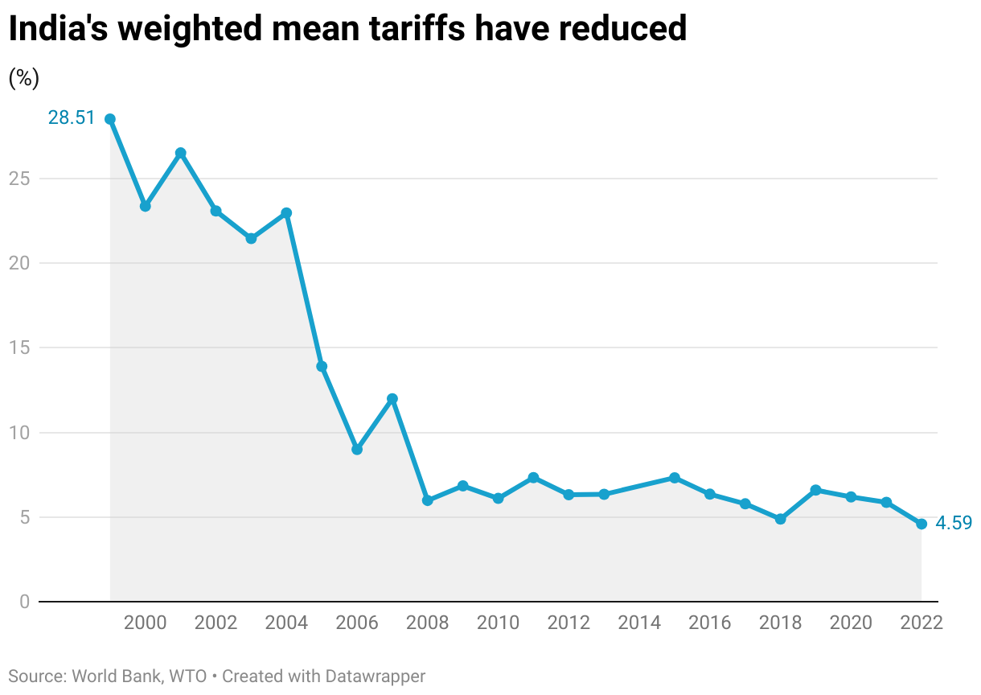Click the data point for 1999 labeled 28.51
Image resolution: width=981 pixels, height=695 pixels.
point(110,119)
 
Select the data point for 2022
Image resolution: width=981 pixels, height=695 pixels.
point(921,524)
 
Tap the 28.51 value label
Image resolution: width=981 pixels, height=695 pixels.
point(71,118)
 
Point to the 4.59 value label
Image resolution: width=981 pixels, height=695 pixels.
point(954,523)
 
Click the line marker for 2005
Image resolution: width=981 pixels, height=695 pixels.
point(322,367)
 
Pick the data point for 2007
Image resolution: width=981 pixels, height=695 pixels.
point(392,399)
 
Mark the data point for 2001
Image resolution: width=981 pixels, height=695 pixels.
point(181,153)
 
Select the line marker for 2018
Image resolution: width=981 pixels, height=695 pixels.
point(780,519)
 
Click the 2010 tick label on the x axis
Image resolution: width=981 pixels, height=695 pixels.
point(498,623)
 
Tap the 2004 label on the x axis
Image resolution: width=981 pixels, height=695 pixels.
point(286,623)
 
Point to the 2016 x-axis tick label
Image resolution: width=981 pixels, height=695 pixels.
point(709,623)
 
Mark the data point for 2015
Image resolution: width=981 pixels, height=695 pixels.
point(675,478)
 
